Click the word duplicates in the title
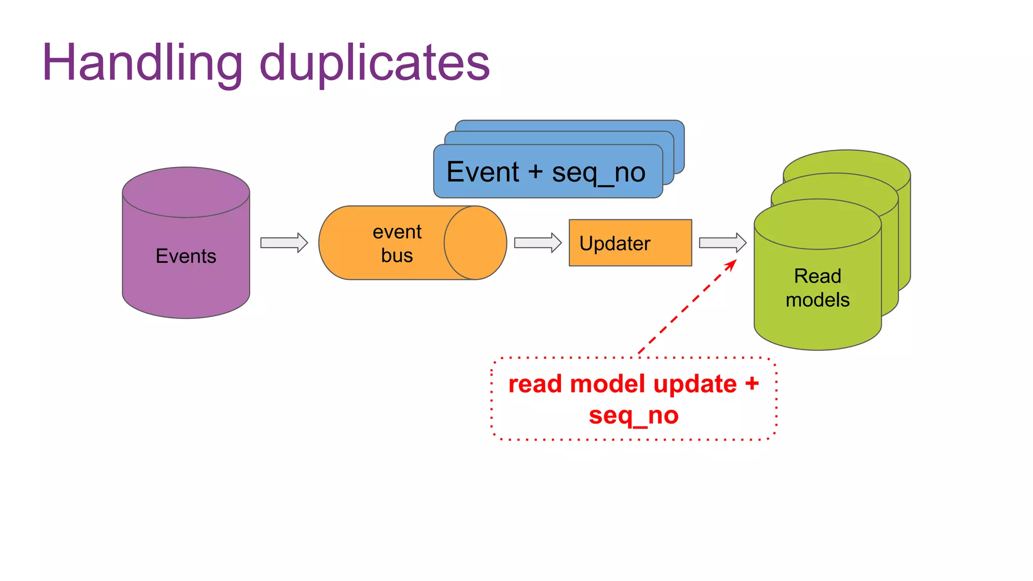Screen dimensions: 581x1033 click(374, 63)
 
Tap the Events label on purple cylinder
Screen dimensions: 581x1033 click(186, 256)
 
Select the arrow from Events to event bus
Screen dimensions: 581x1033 click(284, 243)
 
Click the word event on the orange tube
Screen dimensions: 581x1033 click(397, 232)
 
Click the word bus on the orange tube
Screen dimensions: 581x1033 click(397, 256)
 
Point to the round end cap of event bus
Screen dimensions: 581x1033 click(475, 243)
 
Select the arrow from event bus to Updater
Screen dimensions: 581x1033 click(538, 243)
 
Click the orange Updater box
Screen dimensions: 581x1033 click(630, 243)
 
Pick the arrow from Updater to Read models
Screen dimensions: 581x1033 click(722, 243)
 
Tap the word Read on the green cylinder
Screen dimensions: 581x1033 click(817, 276)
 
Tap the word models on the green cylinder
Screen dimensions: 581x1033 click(817, 300)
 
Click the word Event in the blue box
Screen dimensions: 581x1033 click(483, 172)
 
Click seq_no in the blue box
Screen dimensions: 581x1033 click(599, 173)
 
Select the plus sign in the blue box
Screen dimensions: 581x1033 click(536, 172)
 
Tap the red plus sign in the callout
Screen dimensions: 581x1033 click(752, 384)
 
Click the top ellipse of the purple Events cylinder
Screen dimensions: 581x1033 click(186, 192)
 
